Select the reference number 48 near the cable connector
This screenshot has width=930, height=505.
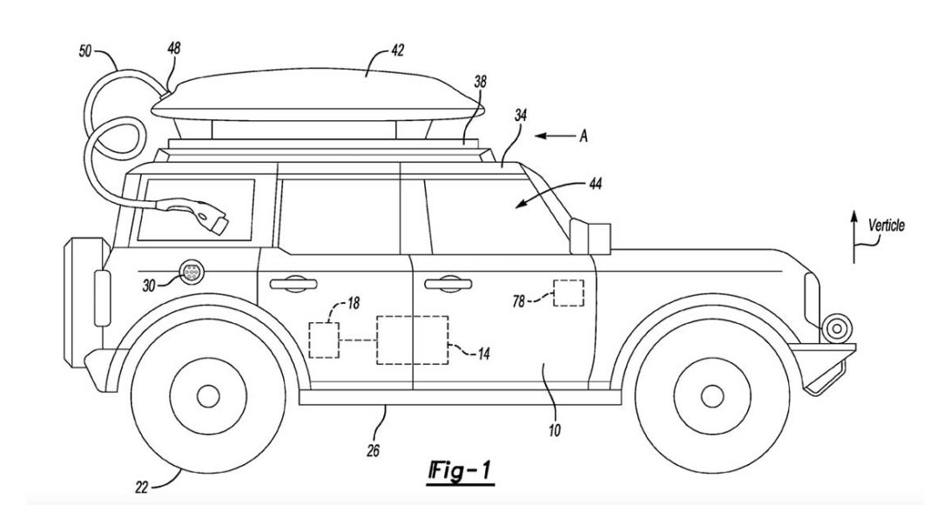(x=173, y=50)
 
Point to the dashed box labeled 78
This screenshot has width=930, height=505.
(x=569, y=293)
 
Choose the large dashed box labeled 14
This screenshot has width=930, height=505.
(x=411, y=340)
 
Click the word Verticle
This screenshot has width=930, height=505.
(x=886, y=226)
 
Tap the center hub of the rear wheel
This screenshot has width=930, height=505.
(x=207, y=396)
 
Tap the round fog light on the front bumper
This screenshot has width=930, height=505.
(x=837, y=328)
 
